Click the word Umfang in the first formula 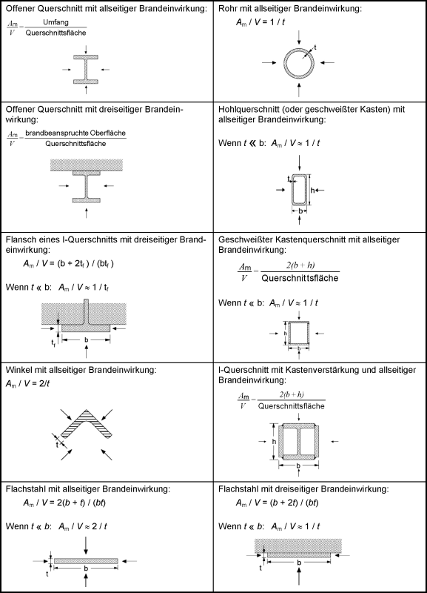pyautogui.click(x=56, y=22)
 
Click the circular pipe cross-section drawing pyautogui.click(x=299, y=49)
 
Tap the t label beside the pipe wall pyautogui.click(x=315, y=47)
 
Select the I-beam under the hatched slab pyautogui.click(x=87, y=187)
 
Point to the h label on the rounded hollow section pyautogui.click(x=312, y=191)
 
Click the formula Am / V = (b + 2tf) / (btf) pyautogui.click(x=68, y=264)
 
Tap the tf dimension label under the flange pyautogui.click(x=53, y=343)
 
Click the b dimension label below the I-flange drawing pyautogui.click(x=86, y=340)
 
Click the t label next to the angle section pyautogui.click(x=57, y=444)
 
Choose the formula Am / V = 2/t pyautogui.click(x=27, y=384)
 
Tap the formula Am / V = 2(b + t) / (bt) pyautogui.click(x=64, y=503)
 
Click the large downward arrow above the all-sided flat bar pyautogui.click(x=86, y=546)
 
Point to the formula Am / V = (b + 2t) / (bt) pyautogui.click(x=277, y=503)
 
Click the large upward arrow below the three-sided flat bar pyautogui.click(x=299, y=576)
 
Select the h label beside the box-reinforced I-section pyautogui.click(x=274, y=441)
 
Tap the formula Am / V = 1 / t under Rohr pyautogui.click(x=260, y=22)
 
